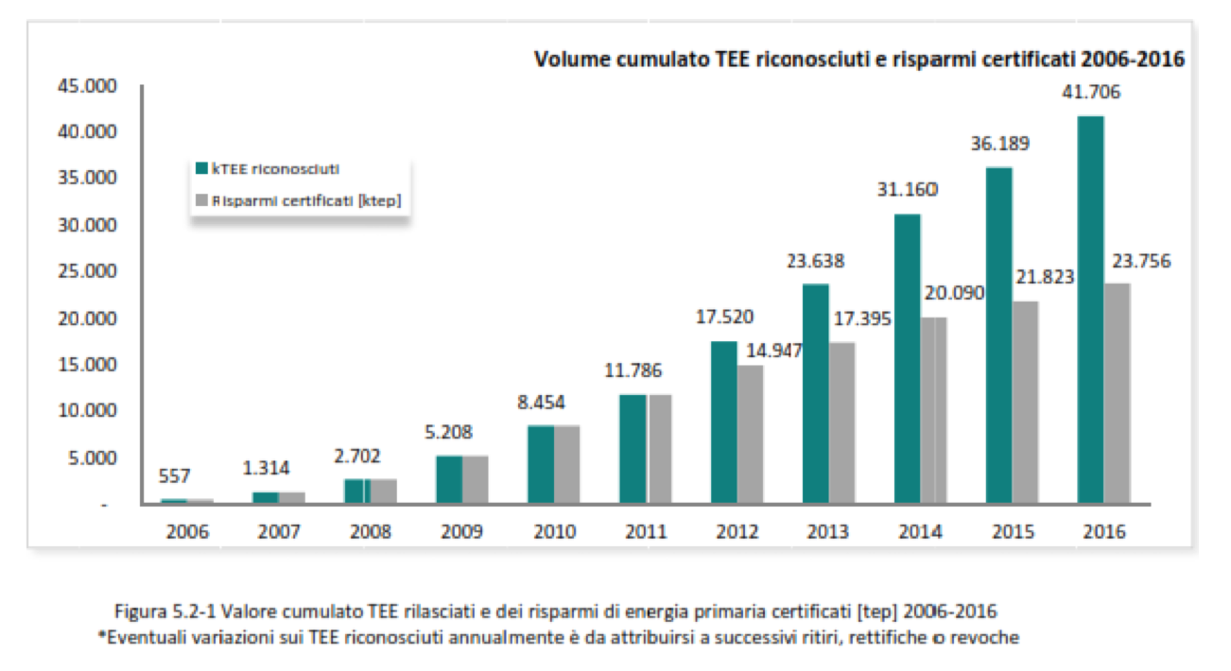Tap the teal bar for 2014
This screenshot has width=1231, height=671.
tap(907, 359)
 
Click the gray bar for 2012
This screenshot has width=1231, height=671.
tap(751, 434)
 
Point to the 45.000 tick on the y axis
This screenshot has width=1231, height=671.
tap(82, 87)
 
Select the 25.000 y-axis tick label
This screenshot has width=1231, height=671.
tap(82, 272)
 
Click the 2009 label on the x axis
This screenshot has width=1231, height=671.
tap(462, 532)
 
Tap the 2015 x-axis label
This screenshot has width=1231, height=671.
tap(1013, 532)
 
